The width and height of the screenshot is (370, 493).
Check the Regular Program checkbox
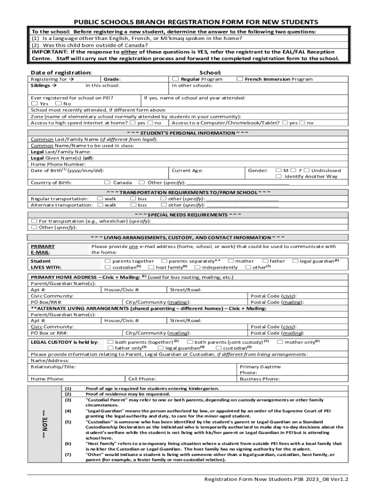click(176, 79)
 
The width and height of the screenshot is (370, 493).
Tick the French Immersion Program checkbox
click(240, 79)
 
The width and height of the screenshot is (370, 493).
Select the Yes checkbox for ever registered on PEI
click(34, 104)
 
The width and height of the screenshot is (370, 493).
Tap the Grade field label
click(112, 79)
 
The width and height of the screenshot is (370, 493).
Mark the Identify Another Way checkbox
click(279, 176)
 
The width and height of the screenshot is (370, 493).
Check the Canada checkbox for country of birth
click(107, 182)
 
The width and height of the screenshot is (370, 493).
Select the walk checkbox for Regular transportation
click(99, 198)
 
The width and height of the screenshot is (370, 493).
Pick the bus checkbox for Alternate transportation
click(132, 205)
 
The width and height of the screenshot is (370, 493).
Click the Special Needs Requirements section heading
click(188, 215)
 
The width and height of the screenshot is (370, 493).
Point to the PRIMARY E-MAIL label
click(43, 249)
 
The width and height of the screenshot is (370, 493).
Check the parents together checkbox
click(107, 261)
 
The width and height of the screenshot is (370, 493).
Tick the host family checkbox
click(151, 267)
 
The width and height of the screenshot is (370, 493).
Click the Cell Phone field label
click(142, 379)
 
